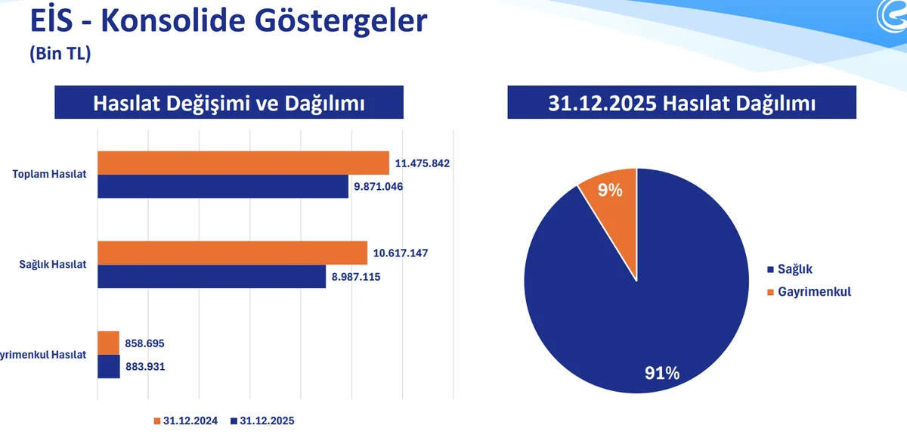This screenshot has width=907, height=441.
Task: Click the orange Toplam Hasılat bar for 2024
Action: [x=243, y=163]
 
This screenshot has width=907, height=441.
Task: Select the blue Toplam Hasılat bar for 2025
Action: [x=222, y=186]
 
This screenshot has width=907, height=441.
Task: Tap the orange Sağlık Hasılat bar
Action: [x=232, y=253]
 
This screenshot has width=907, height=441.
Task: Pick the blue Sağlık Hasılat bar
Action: [x=212, y=276]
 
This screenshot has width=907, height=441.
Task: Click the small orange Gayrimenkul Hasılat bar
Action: [x=108, y=343]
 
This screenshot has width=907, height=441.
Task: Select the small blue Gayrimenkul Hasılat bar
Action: [x=109, y=367]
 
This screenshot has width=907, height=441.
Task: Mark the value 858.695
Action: [x=144, y=343]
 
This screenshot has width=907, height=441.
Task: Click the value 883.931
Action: [x=144, y=367]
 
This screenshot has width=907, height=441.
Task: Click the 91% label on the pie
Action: [x=661, y=373]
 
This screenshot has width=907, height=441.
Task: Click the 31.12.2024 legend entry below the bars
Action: [x=185, y=421]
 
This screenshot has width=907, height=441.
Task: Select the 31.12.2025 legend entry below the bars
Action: [x=262, y=421]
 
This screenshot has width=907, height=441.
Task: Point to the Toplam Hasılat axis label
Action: [x=49, y=174]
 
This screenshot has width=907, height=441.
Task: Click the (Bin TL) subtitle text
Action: [x=60, y=54]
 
